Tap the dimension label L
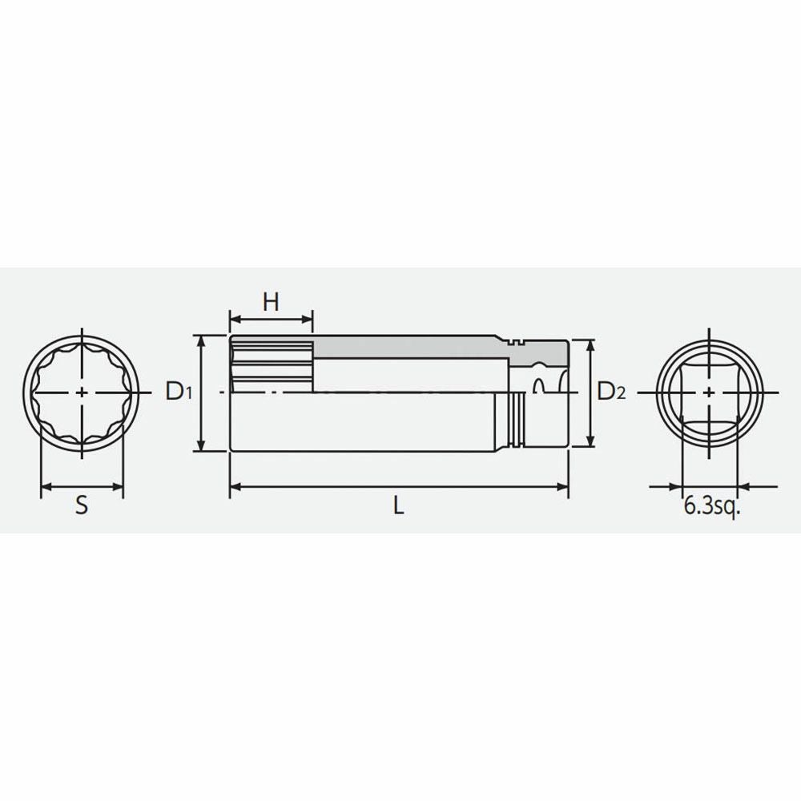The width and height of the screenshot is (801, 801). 398,505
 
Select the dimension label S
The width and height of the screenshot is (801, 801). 82,505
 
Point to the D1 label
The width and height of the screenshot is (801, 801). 179,392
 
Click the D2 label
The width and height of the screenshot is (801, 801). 611,392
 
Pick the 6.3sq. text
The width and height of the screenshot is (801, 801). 711,506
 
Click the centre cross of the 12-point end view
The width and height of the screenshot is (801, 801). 82,392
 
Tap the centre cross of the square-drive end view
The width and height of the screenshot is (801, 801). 709,392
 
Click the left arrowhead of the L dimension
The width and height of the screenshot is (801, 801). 235,487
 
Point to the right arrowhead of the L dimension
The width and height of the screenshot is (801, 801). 563,487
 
